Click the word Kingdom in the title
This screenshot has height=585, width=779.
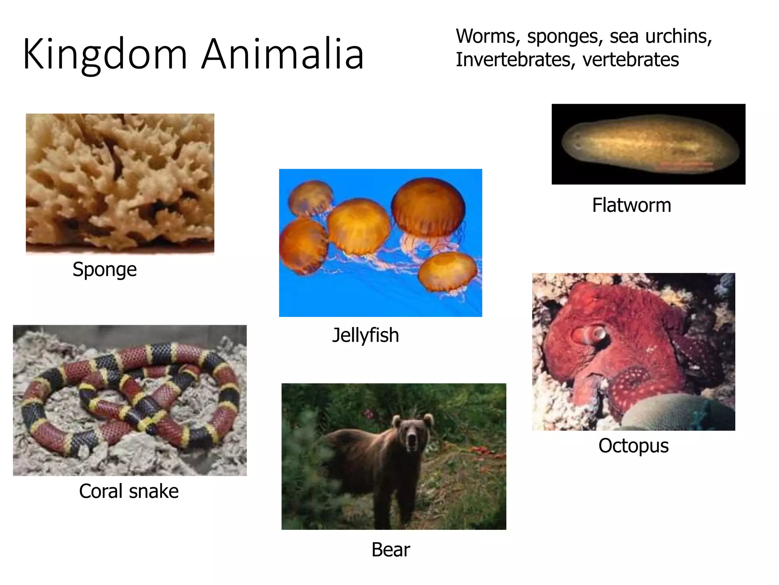(x=105, y=54)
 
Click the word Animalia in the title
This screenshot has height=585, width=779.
(x=283, y=54)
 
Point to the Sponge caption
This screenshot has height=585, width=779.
(x=105, y=270)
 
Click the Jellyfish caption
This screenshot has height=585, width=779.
(x=366, y=335)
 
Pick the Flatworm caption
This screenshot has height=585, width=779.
(x=631, y=205)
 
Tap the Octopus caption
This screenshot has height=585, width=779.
(x=633, y=445)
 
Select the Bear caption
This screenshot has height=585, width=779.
(x=391, y=550)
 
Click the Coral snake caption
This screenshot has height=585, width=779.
(x=129, y=491)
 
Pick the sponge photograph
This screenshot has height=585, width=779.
(x=120, y=184)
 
